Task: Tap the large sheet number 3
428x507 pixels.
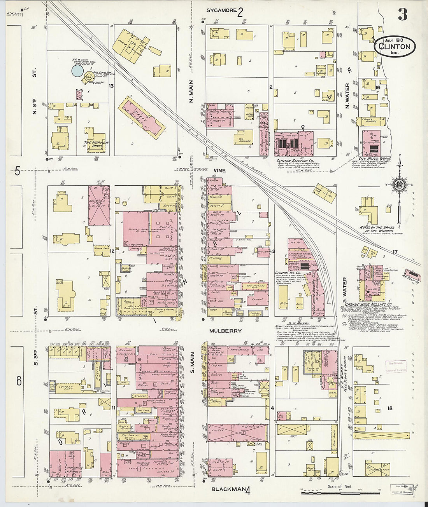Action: click(x=402, y=14)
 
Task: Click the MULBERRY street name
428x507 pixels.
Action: click(x=225, y=331)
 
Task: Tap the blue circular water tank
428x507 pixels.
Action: click(x=77, y=71)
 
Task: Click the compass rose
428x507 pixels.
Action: click(x=399, y=184)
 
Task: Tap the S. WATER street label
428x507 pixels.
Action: click(x=344, y=287)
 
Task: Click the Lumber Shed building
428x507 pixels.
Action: click(x=64, y=387)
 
